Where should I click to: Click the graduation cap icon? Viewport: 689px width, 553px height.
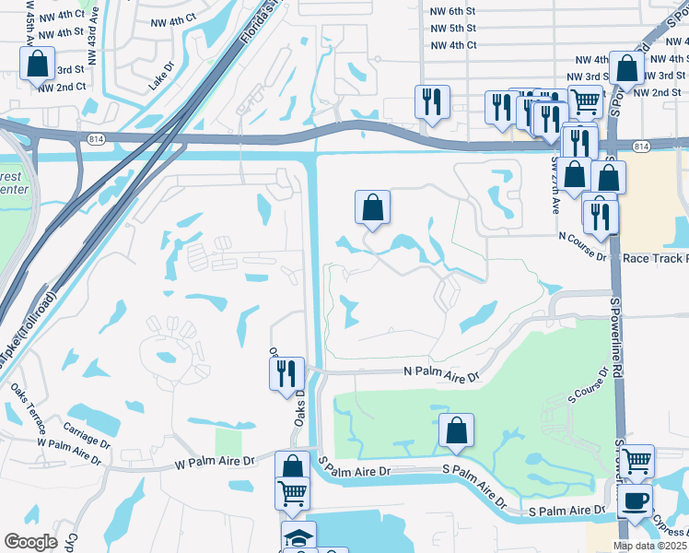coord(298,536)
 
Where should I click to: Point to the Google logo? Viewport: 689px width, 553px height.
coord(30,541)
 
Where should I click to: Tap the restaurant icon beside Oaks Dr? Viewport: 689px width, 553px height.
coord(286,372)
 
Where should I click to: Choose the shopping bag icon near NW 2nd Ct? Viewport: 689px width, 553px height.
coord(36,64)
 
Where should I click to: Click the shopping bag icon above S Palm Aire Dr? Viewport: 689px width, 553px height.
coord(456,429)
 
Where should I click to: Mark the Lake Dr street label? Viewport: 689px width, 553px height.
coord(161,82)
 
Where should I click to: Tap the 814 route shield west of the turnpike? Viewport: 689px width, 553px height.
coord(97,138)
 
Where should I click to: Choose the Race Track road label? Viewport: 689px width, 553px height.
coord(655,259)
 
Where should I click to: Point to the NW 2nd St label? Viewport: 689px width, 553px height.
coord(655,93)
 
